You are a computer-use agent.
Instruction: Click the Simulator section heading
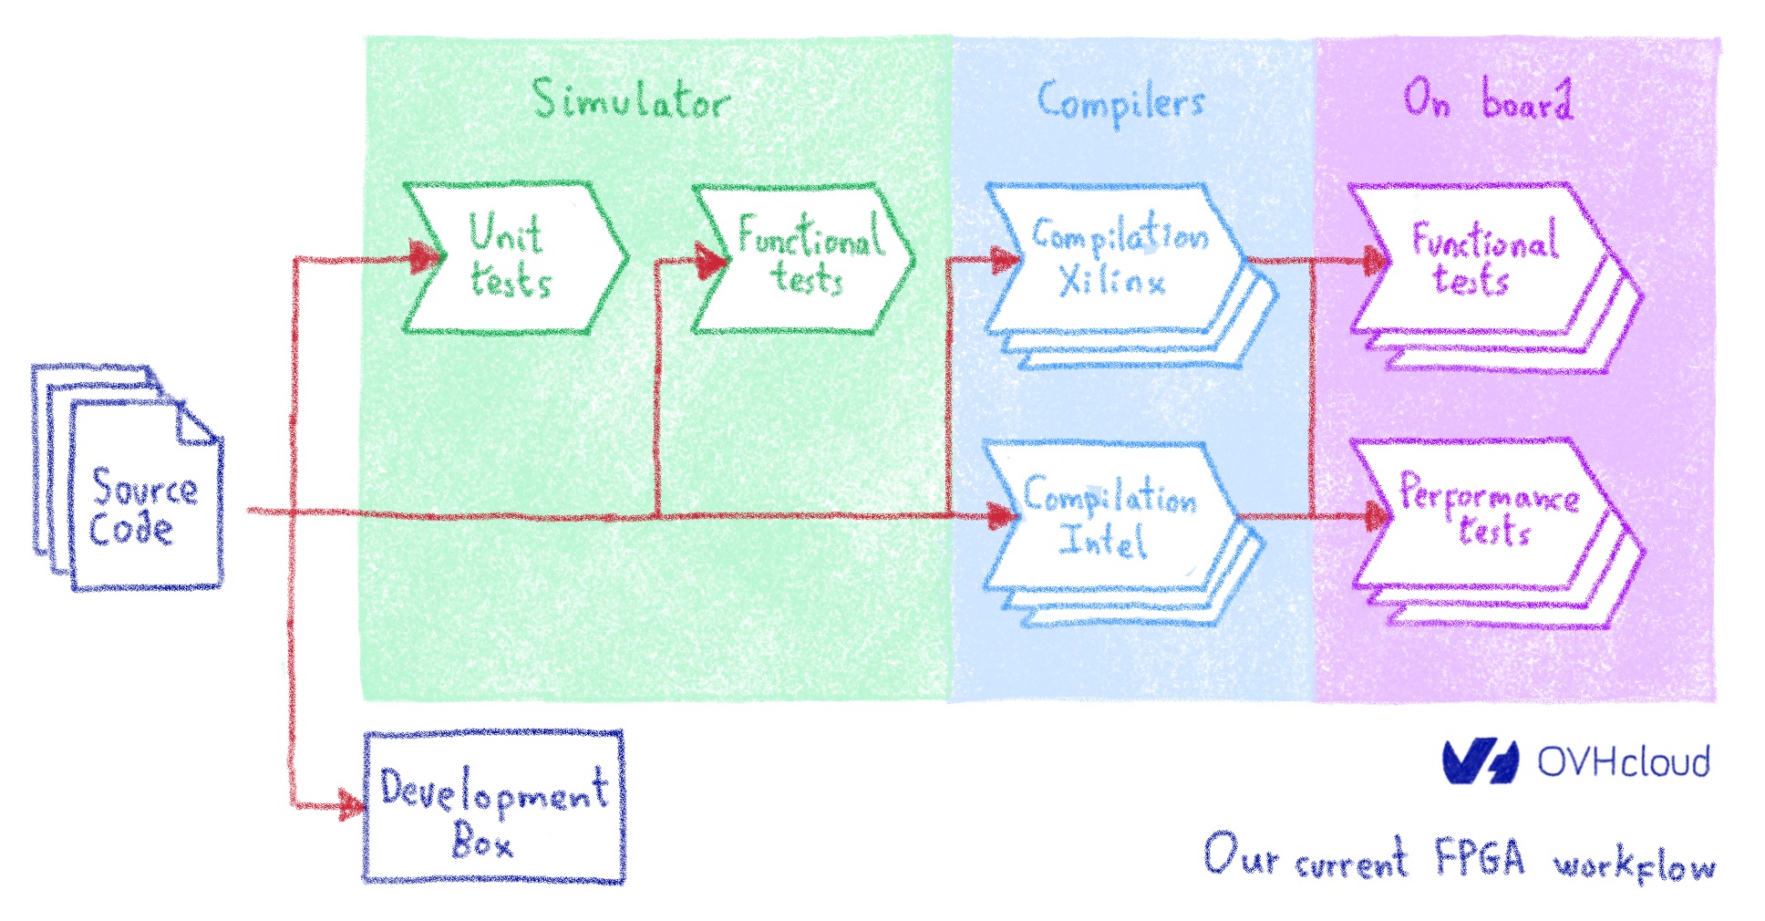[631, 99]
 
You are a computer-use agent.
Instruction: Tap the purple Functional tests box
[1481, 259]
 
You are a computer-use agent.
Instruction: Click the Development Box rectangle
[493, 807]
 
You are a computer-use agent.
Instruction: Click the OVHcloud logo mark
[1480, 761]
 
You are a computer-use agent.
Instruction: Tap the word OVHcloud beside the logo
[1624, 761]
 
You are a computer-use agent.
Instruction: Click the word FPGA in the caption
[1479, 858]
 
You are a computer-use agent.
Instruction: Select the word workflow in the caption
[1635, 866]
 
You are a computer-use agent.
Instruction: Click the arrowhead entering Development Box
[350, 804]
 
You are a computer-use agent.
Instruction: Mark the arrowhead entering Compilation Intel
[1001, 516]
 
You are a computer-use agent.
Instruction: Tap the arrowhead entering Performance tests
[1372, 517]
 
